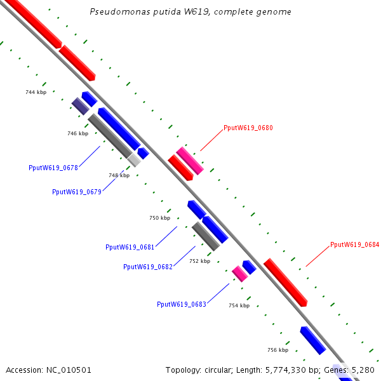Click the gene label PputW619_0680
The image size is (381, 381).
click(x=248, y=128)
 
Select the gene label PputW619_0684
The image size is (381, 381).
click(x=354, y=244)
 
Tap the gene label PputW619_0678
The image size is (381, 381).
click(x=53, y=168)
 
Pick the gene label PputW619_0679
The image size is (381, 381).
click(x=77, y=191)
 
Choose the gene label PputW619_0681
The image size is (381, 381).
click(x=130, y=246)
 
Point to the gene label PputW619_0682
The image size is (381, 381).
click(x=148, y=267)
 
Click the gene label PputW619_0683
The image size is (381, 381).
click(x=182, y=304)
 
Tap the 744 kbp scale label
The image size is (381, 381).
click(x=36, y=92)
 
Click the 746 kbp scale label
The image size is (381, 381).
click(x=77, y=133)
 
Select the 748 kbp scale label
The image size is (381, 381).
click(x=119, y=175)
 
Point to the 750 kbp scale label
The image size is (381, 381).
click(x=160, y=218)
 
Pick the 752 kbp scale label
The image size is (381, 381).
click(x=199, y=261)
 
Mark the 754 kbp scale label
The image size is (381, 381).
click(x=239, y=305)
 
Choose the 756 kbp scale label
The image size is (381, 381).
click(x=277, y=350)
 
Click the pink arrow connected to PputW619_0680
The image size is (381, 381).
click(x=190, y=161)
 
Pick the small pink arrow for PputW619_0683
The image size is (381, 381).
click(x=239, y=274)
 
